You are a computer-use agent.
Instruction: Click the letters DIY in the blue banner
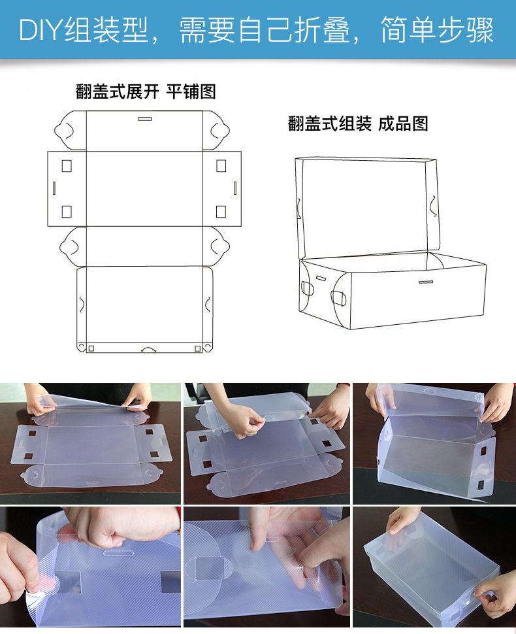(42, 29)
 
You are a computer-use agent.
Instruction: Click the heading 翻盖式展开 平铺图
(146, 92)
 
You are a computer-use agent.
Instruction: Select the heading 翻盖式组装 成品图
(358, 124)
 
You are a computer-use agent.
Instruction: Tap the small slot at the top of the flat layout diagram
(145, 119)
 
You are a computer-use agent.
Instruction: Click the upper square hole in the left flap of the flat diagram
(67, 166)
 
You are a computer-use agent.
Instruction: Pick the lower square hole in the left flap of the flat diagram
(67, 212)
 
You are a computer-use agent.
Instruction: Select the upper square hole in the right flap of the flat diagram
(221, 166)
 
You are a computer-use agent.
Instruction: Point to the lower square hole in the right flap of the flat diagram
(221, 212)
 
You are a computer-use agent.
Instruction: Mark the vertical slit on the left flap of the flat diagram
(54, 188)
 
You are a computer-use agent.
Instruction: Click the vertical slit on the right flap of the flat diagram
(235, 188)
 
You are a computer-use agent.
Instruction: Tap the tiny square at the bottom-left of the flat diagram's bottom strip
(91, 348)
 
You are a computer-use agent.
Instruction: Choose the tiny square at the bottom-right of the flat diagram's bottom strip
(198, 348)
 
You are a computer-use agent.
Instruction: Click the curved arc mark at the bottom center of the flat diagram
(148, 348)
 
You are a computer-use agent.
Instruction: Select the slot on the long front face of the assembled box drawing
(426, 282)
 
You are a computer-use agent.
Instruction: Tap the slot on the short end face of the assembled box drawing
(321, 278)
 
